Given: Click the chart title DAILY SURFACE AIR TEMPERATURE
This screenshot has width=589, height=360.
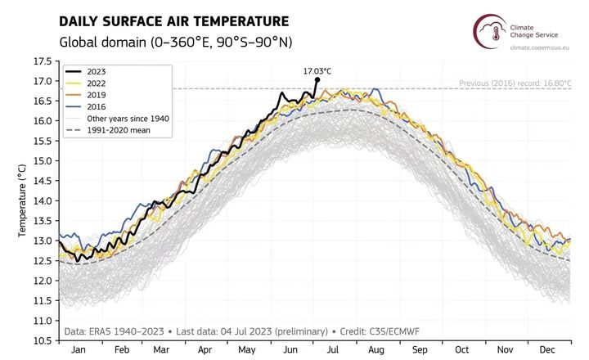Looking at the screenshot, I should click(173, 20).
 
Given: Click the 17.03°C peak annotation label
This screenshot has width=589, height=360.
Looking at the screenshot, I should click(317, 70).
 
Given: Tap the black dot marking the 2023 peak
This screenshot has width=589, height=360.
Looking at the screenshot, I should click(317, 79).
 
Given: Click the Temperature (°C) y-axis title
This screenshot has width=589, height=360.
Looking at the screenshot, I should click(22, 200).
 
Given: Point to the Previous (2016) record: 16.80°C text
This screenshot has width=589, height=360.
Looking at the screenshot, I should click(514, 83).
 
